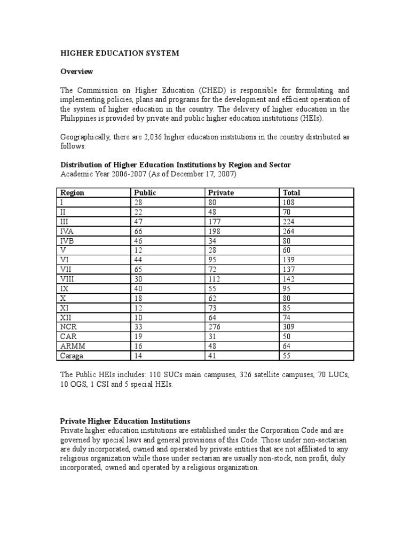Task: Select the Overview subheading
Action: (76, 72)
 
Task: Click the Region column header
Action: (72, 193)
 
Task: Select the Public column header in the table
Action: (145, 193)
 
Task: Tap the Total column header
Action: (291, 193)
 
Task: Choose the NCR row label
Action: (68, 327)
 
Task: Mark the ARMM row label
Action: (70, 346)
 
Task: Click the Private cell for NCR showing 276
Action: (214, 327)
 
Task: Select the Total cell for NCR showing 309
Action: (288, 327)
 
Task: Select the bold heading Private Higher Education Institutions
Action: (125, 421)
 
